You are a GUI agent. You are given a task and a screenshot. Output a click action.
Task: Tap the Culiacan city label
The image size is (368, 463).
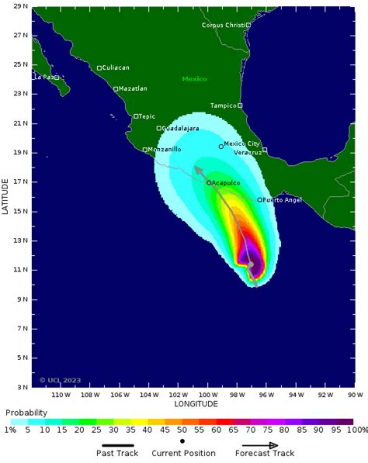[116, 68]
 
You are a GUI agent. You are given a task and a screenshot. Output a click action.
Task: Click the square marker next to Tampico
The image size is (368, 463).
[240, 105]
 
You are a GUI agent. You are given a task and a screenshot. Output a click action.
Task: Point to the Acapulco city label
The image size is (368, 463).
[225, 183]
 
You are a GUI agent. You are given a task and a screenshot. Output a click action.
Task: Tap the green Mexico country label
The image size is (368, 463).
[195, 79]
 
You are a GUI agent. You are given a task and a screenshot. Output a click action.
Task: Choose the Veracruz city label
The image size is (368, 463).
[248, 152]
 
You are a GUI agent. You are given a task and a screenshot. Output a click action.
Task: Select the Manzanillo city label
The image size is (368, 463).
[165, 149]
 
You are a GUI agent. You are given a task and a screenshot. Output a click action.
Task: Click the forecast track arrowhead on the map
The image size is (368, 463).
[197, 169]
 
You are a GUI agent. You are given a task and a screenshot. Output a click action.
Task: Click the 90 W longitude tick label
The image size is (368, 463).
[356, 394]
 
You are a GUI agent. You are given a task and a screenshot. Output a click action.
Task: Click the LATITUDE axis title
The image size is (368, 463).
[5, 197]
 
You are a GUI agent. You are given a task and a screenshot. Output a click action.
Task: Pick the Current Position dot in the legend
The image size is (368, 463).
[182, 441]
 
